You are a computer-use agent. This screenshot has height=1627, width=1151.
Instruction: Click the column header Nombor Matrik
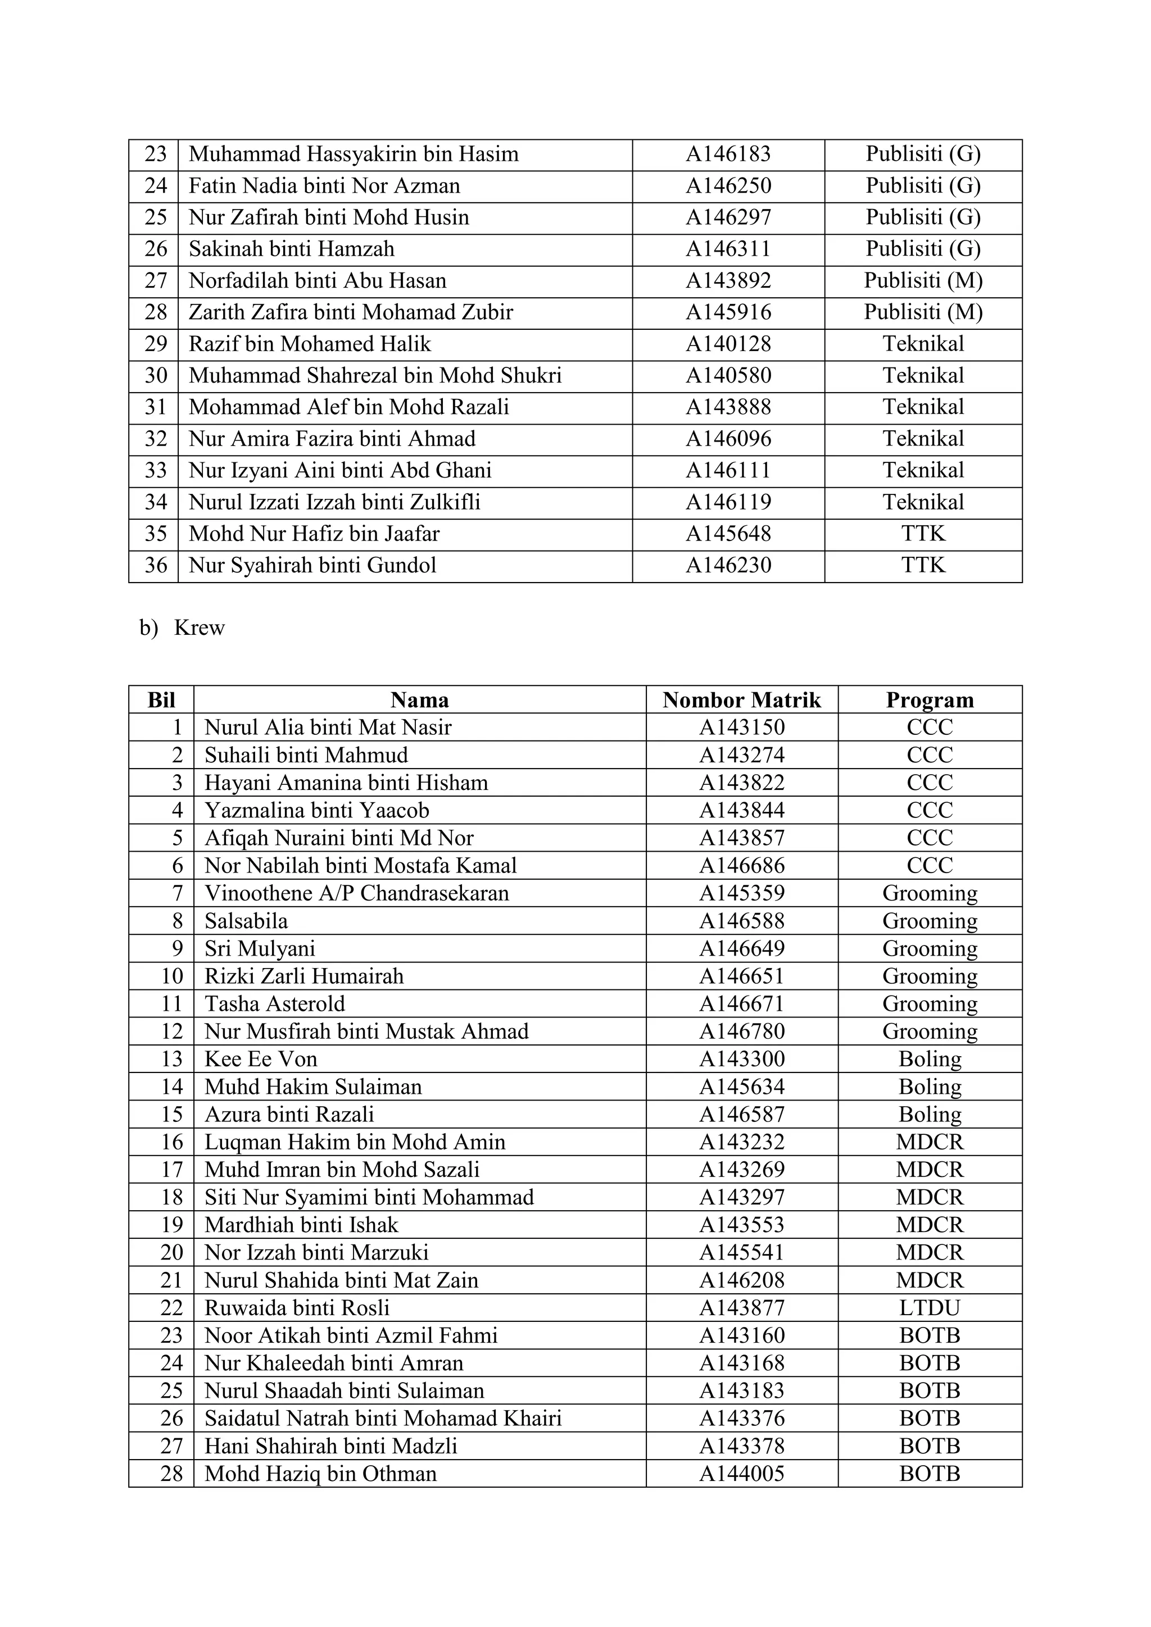click(x=741, y=700)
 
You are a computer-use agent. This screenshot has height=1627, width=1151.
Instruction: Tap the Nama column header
click(x=420, y=700)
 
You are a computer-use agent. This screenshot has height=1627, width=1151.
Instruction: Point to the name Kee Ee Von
click(x=261, y=1058)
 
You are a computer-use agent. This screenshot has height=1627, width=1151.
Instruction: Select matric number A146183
click(x=728, y=154)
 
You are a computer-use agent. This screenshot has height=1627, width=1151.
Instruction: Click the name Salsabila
click(x=246, y=920)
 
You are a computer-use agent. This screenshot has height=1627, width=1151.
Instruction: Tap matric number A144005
click(x=741, y=1473)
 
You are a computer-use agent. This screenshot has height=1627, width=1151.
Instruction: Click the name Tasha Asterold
click(x=275, y=1003)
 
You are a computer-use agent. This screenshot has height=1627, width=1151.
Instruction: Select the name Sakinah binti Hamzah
click(x=291, y=249)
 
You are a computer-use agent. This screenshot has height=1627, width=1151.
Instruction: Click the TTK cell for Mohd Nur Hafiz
click(x=923, y=534)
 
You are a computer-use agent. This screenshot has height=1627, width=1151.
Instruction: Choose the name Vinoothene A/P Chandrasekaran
click(x=356, y=893)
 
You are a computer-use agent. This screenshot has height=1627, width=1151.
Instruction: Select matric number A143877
click(x=741, y=1307)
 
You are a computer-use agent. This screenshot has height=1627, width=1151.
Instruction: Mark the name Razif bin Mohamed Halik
click(x=310, y=344)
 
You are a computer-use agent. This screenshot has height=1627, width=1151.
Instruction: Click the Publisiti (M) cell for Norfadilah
click(x=923, y=280)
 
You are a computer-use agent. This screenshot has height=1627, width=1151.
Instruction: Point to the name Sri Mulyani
click(x=260, y=948)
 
